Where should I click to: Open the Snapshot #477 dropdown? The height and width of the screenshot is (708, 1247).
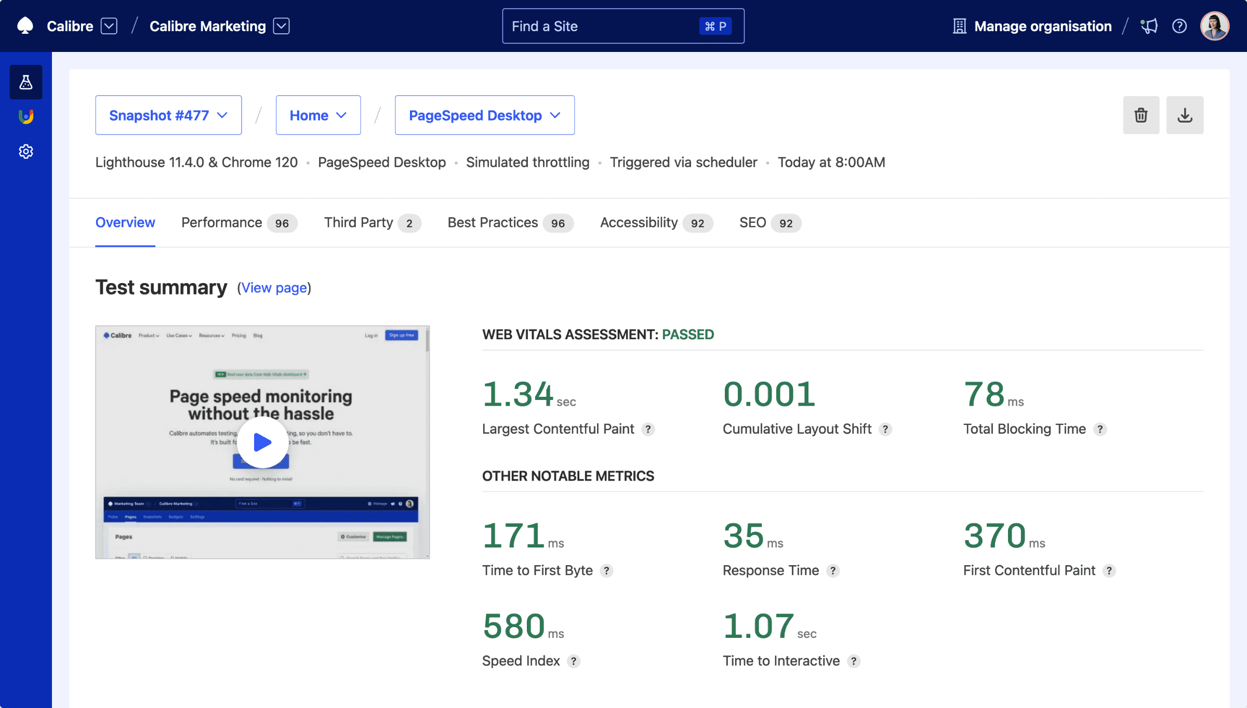pos(168,115)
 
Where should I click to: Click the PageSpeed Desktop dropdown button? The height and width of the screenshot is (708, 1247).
pos(484,115)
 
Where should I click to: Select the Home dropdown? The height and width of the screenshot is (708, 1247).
pos(318,115)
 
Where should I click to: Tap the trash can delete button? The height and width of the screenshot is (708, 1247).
pos(1141,115)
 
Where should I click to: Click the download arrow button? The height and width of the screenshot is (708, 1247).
pos(1185,115)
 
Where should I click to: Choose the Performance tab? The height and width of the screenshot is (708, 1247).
pos(238,223)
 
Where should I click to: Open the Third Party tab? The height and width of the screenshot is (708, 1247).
pos(372,223)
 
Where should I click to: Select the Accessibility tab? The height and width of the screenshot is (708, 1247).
pos(656,223)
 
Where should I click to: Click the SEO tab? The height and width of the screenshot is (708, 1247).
pos(770,223)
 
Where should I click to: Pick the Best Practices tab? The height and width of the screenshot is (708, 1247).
pos(510,223)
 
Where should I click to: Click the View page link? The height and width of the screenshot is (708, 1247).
pos(274,288)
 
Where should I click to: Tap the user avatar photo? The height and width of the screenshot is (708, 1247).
pos(1214,26)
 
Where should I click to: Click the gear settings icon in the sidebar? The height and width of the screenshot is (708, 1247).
pos(26,152)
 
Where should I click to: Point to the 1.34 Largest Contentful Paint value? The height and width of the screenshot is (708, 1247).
pos(518,394)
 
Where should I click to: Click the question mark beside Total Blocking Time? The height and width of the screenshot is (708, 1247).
pos(1100,430)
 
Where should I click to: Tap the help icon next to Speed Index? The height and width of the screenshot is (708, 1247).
pos(574,661)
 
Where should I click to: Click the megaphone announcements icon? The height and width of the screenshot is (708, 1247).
pos(1149,26)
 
